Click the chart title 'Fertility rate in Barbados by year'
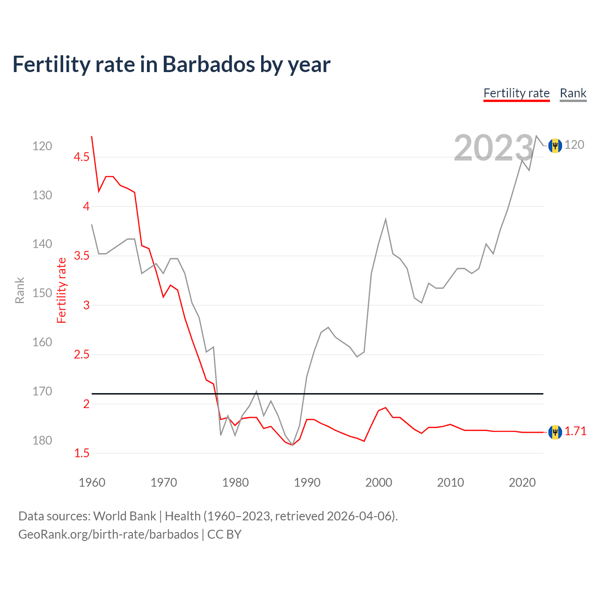click(x=171, y=65)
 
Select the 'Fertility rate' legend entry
click(x=516, y=93)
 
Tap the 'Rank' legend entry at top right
click(x=573, y=93)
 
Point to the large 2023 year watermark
click(x=493, y=148)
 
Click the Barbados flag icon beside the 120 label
click(x=555, y=146)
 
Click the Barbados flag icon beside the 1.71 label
click(x=555, y=432)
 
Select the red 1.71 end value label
click(x=575, y=431)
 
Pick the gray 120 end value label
click(x=574, y=145)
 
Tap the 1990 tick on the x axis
click(x=307, y=482)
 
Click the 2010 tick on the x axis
click(x=450, y=482)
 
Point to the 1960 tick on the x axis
click(x=92, y=482)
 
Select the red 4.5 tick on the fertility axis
click(x=81, y=157)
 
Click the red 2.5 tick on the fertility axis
click(x=81, y=354)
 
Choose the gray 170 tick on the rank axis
click(x=42, y=391)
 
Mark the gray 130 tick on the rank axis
click(x=42, y=195)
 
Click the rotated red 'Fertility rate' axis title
click(x=62, y=291)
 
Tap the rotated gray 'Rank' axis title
click(x=20, y=291)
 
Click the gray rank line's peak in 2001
click(x=386, y=219)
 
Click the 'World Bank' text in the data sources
click(x=124, y=516)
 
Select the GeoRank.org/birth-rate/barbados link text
click(x=108, y=534)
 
